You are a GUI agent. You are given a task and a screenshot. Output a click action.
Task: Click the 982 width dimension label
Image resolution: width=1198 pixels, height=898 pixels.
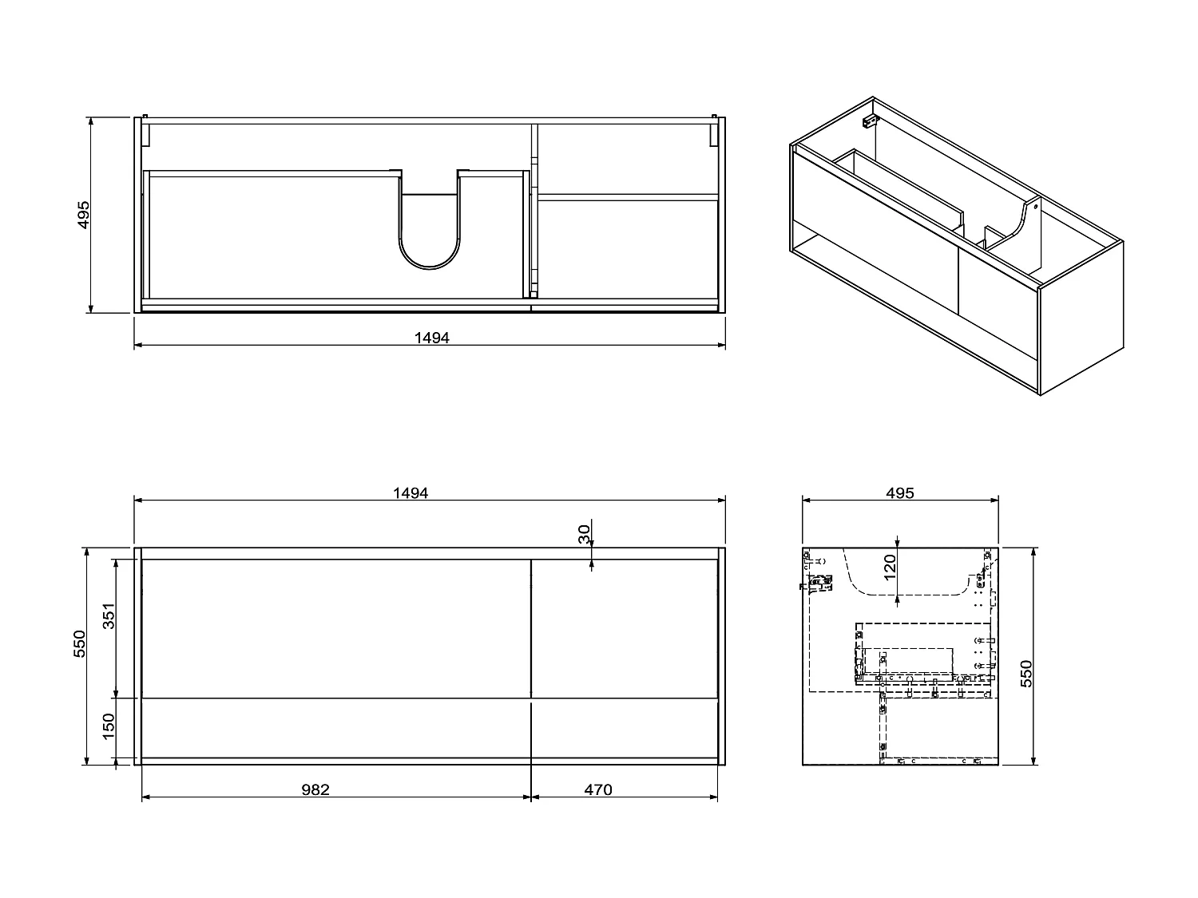315,789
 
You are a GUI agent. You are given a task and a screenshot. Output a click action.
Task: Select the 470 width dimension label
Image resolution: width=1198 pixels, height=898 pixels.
597,789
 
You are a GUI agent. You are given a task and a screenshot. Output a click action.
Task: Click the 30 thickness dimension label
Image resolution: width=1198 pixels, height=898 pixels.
584,534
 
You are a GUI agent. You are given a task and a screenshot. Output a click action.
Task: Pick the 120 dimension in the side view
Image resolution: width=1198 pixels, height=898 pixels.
891,564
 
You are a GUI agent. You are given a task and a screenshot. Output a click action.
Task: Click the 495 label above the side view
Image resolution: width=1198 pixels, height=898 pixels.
899,493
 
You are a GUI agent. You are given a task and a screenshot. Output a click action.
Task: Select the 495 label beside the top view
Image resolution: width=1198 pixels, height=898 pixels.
83,216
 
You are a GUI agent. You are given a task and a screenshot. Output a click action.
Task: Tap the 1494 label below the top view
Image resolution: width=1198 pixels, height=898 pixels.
431,338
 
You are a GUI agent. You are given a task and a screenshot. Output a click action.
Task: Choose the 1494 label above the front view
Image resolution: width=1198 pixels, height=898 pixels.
410,493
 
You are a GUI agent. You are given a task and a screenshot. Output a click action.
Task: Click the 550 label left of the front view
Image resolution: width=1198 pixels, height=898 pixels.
79,643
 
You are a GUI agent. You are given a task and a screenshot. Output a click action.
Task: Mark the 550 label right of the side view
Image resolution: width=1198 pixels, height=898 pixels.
1027,673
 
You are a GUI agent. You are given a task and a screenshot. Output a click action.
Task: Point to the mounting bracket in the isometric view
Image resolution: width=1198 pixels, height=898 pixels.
869,122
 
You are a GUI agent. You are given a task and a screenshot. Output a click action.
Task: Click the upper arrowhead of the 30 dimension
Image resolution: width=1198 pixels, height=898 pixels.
591,544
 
